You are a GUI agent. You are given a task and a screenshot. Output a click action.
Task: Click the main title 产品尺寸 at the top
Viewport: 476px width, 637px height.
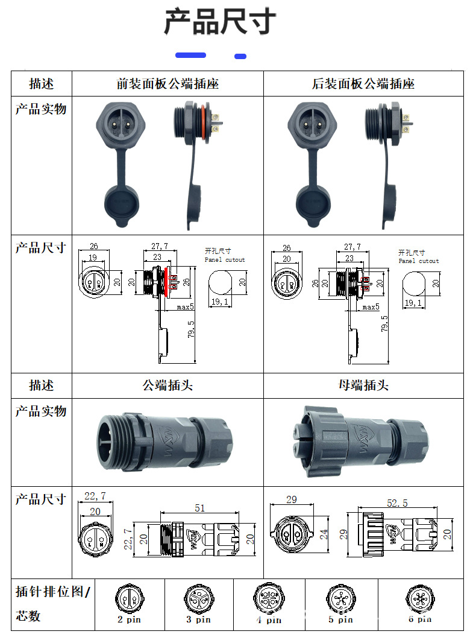coord(220,22)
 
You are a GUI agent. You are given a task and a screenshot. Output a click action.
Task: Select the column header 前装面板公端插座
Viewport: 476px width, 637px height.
coord(168,84)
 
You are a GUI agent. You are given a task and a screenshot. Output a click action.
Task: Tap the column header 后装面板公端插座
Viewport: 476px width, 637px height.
coord(363,84)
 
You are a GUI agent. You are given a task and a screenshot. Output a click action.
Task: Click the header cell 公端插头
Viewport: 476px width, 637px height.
coord(168,385)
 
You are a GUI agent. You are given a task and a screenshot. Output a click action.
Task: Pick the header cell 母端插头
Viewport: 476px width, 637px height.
coord(363,385)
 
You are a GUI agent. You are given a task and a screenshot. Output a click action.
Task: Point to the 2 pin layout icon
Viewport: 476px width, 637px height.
coord(129,599)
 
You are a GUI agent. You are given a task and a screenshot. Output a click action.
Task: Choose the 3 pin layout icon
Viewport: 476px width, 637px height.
coord(198,599)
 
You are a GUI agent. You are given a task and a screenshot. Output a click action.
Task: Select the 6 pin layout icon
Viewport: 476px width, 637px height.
coord(419,599)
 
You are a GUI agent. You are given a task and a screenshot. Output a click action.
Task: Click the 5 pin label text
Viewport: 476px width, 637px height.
coord(340,620)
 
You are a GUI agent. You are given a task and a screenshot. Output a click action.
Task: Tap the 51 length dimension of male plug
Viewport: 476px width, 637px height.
coord(199,508)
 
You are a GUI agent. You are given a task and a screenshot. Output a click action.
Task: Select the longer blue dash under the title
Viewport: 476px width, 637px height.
coord(190,55)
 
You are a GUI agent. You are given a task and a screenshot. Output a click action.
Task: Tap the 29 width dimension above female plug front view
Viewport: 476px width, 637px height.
coord(291,500)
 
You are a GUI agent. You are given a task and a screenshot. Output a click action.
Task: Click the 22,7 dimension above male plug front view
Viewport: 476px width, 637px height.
coord(95,496)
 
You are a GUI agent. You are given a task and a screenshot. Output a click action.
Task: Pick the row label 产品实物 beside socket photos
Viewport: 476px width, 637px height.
coord(41,109)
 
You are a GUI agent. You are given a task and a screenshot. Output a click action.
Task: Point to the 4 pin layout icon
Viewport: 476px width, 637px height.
coord(267,599)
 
